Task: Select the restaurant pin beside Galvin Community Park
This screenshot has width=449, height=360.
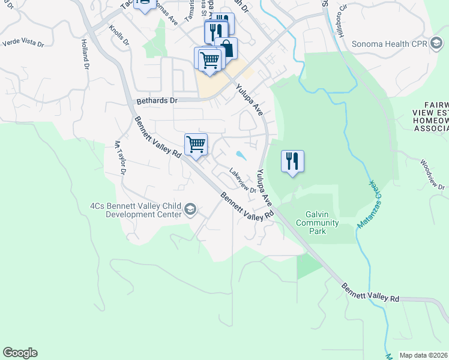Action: click(292, 161)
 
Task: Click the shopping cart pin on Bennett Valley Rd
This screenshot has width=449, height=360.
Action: click(196, 145)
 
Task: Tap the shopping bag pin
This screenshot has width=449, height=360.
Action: click(226, 48)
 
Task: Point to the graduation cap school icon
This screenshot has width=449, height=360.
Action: click(190, 208)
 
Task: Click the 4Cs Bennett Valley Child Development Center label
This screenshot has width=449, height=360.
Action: click(136, 209)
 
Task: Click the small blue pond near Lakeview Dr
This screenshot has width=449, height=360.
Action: click(241, 155)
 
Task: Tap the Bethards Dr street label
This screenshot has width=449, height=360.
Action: click(157, 101)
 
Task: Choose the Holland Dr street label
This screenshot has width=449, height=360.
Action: click(85, 53)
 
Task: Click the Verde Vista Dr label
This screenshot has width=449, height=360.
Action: click(23, 43)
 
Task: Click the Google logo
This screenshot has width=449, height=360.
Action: click(20, 353)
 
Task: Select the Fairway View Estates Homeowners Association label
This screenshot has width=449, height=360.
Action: click(431, 121)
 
